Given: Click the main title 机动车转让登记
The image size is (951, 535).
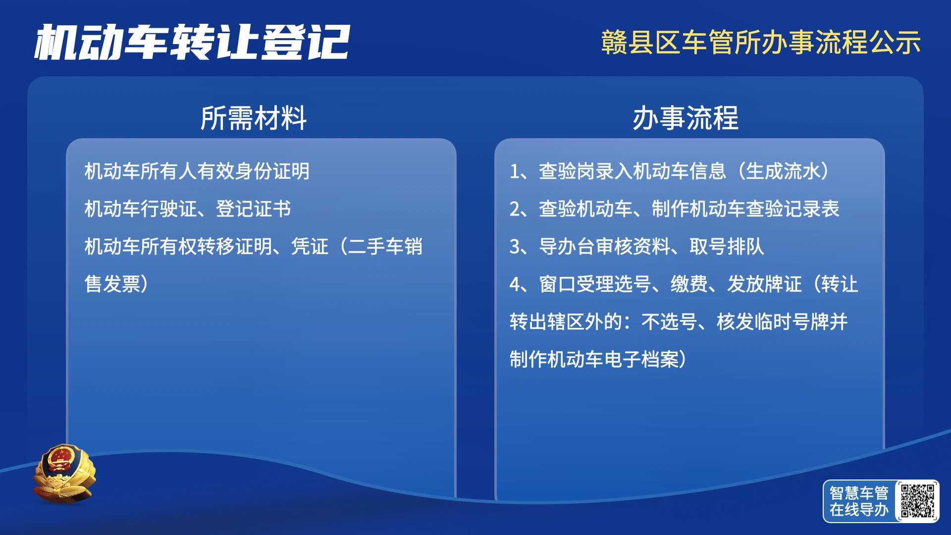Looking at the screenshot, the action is pyautogui.click(x=192, y=42).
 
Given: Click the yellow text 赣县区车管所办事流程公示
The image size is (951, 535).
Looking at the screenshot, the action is pyautogui.click(x=761, y=42).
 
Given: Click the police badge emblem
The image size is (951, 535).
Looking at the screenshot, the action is pyautogui.click(x=64, y=474).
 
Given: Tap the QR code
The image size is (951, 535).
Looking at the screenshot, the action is pyautogui.click(x=917, y=501).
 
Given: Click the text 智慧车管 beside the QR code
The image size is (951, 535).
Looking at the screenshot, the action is pyautogui.click(x=859, y=492).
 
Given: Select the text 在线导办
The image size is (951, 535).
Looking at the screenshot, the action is pyautogui.click(x=859, y=509).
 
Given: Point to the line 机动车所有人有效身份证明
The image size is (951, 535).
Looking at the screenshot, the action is pyautogui.click(x=197, y=171).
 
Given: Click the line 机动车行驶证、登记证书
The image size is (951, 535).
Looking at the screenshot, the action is pyautogui.click(x=188, y=209).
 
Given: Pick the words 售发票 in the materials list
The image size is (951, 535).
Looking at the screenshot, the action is pyautogui.click(x=112, y=284).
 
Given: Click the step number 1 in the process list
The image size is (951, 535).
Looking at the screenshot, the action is pyautogui.click(x=514, y=171).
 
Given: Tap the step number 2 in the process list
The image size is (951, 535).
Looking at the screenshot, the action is pyautogui.click(x=515, y=209).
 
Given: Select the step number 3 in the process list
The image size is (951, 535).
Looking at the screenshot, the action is pyautogui.click(x=515, y=247).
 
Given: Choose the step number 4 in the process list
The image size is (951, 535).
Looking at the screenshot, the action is pyautogui.click(x=515, y=284).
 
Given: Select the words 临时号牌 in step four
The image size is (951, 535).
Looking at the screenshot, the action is pyautogui.click(x=792, y=321).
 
